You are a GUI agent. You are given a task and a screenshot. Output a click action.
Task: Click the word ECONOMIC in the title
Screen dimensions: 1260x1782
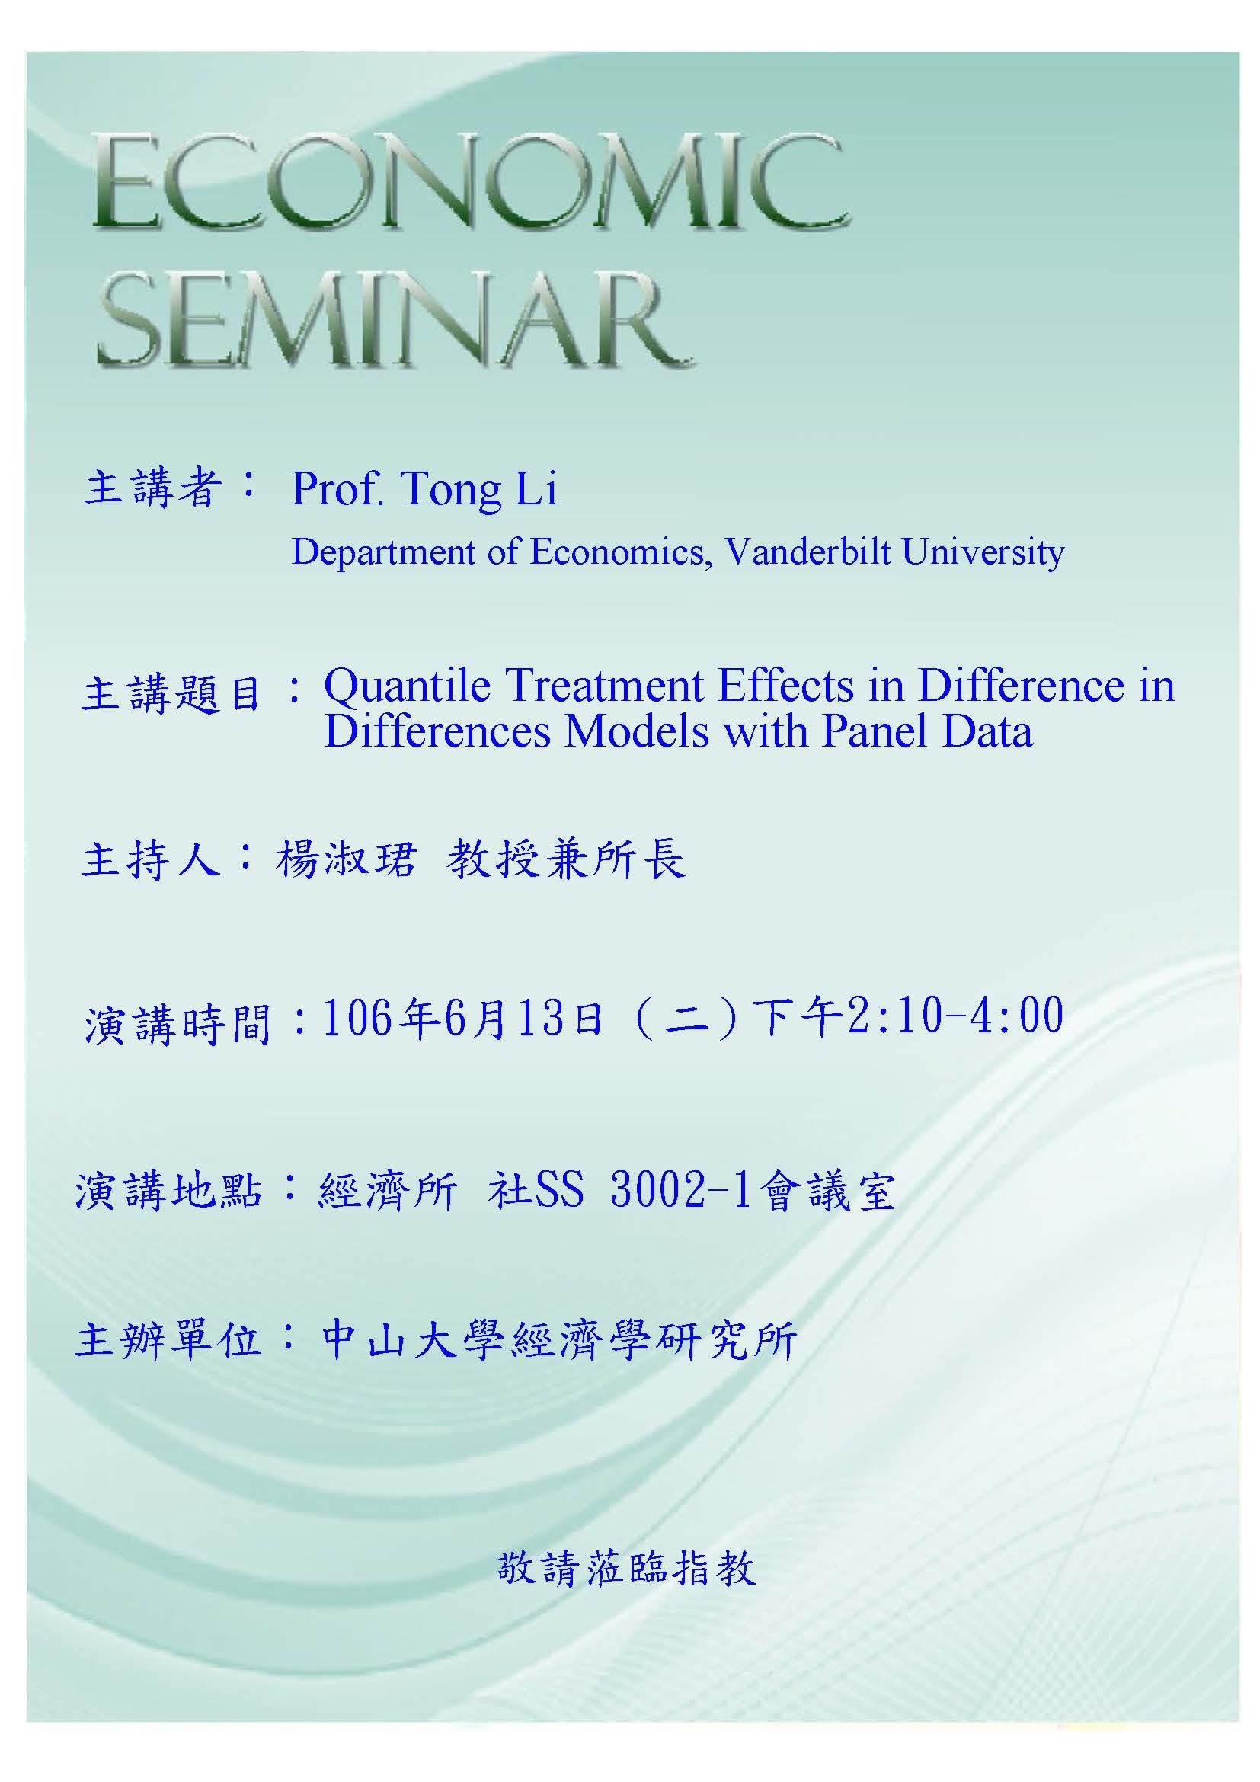(x=471, y=182)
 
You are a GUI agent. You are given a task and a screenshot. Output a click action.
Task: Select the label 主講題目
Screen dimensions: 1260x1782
(x=171, y=693)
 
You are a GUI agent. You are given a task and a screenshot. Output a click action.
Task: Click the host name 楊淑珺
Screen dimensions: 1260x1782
(x=346, y=860)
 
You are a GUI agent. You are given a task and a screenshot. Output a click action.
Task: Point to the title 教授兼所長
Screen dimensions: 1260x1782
(x=566, y=860)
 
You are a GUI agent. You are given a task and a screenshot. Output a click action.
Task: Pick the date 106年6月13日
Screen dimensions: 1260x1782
(x=462, y=1019)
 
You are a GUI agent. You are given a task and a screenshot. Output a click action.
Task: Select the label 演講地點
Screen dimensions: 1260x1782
(x=168, y=1192)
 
